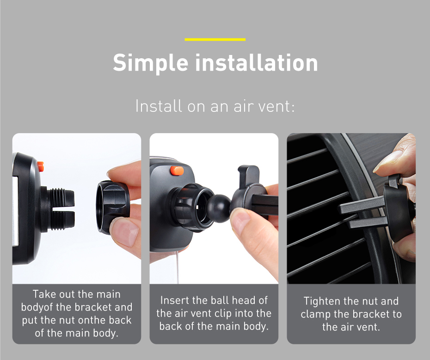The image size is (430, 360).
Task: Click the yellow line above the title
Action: click(x=215, y=40)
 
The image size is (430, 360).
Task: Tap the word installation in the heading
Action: click(x=256, y=63)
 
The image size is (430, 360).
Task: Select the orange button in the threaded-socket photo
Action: click(x=40, y=166)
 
